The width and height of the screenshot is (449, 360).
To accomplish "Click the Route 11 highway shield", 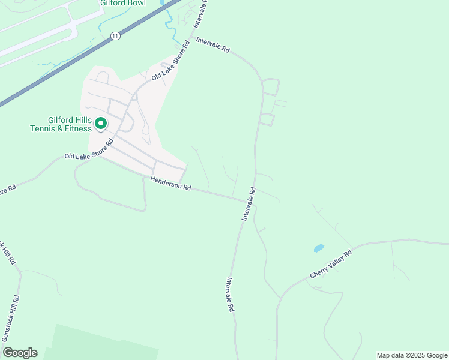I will [115, 37].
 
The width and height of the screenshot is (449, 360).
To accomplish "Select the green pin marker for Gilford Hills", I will [101, 124].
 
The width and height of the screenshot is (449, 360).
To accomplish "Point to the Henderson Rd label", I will [170, 183].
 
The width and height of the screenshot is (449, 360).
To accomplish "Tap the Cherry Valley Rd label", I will [331, 265].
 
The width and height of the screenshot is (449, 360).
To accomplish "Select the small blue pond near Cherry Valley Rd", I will [318, 248].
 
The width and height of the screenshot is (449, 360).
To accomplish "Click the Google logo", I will [20, 353].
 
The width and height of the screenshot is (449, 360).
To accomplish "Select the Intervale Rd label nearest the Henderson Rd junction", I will [249, 203].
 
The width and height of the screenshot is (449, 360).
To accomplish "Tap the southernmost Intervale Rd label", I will [230, 294].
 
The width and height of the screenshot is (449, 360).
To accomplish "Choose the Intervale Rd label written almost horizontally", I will [213, 46].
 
